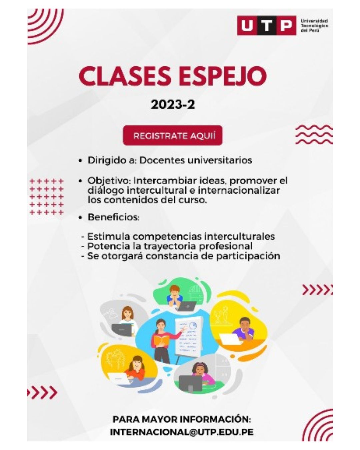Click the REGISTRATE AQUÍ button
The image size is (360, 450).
pos(172,135)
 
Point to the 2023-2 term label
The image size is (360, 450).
pos(173,105)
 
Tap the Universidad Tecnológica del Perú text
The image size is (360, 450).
pos(314,26)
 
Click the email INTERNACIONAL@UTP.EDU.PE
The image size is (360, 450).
pos(182,432)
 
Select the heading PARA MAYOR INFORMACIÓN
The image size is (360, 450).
pos(182,419)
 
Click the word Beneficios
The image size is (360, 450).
pos(113,217)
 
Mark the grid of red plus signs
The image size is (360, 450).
pos(46,197)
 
